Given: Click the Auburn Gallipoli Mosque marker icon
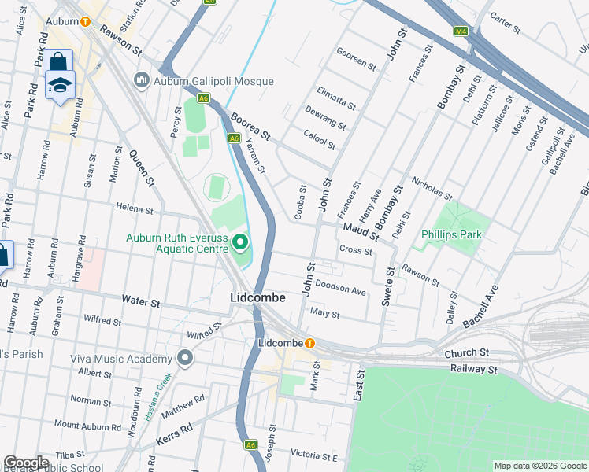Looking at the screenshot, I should pos(142,79).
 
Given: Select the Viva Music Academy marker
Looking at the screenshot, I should pos(186,359).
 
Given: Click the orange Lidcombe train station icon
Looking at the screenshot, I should pos(310,344).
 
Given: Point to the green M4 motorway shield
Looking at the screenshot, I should pos(461,31).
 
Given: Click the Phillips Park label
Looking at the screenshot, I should pos(450,234).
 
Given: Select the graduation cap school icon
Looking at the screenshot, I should pos(59,85).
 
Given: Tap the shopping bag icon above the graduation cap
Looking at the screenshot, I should pos(57,62).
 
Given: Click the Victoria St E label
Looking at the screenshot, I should pos(313,456).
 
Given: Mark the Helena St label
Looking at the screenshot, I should pos(134,209).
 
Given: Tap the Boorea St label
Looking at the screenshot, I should pos(250,127).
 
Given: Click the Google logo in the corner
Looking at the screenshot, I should pos(26,463).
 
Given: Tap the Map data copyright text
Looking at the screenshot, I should pos(539,466).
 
